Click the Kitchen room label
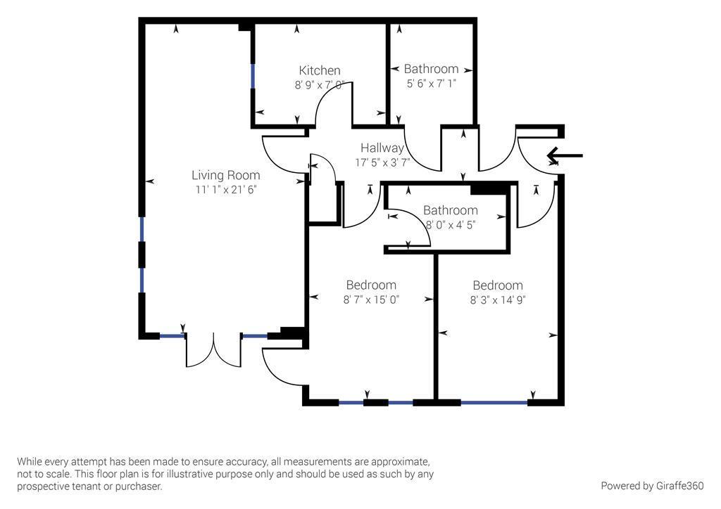point(320,70)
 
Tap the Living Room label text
point(225,175)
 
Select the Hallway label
point(382,148)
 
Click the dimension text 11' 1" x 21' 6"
point(225,190)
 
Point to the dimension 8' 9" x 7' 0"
point(320,85)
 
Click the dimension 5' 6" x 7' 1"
point(431,84)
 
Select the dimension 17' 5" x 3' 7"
point(382,162)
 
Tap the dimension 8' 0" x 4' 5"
point(451,225)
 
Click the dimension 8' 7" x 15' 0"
point(371,299)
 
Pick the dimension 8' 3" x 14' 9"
point(498,299)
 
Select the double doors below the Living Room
point(213,350)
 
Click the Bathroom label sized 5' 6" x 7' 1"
point(431,69)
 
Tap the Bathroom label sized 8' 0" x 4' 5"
point(451,210)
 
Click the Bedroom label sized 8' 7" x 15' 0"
point(371,285)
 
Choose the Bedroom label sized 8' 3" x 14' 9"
point(498,285)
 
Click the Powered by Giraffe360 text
point(652,486)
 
